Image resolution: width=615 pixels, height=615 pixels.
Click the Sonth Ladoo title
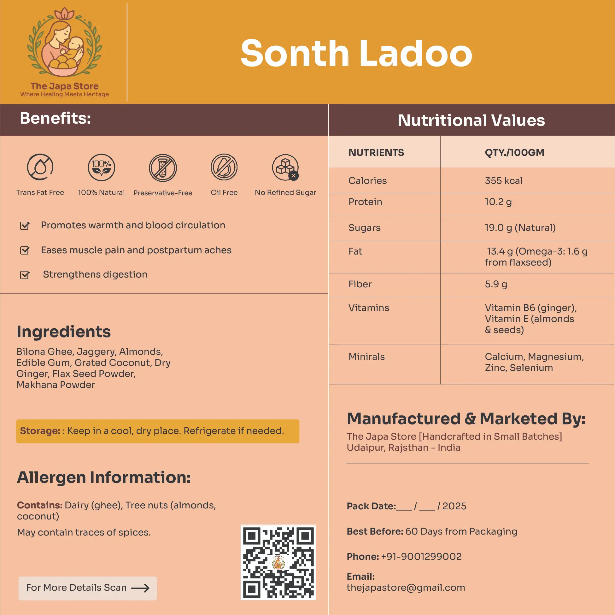pos(356,54)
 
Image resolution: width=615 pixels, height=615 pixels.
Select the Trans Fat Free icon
pos(40,167)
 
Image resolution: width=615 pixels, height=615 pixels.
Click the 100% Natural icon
pos(101,167)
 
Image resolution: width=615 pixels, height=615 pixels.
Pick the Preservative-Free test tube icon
pos(163,168)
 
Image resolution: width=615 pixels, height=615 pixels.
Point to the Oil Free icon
pos(224,167)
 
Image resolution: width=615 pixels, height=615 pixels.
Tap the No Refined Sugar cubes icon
pos(285,167)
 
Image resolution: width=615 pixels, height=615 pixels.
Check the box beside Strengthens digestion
pos(25,275)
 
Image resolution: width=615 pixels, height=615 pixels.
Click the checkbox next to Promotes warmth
pos(25,226)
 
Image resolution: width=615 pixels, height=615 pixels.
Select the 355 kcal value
pos(504,180)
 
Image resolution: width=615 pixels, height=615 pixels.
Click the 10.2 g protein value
pos(498,202)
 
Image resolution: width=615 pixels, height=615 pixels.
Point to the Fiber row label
pos(360,284)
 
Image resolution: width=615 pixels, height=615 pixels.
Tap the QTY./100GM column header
pos(514,152)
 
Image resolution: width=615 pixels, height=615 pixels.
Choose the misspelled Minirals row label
pos(366,356)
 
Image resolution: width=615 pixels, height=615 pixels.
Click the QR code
pos(278,562)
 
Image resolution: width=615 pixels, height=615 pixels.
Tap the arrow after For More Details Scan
pos(140,588)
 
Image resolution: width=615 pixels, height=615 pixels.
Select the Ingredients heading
pos(64,332)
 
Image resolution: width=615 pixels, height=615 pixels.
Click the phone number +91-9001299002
pos(421,556)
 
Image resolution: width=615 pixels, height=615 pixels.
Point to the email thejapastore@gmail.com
pos(406,587)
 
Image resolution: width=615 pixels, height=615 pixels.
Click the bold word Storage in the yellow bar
pos(40,431)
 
